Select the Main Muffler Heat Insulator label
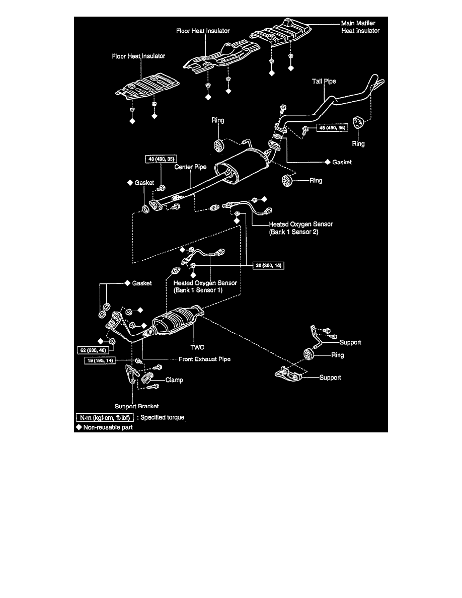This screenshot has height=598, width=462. coord(359,27)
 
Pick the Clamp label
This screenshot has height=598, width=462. coord(174,380)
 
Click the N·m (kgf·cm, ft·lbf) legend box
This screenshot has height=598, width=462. coord(105,418)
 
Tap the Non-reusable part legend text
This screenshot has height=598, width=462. coord(108,427)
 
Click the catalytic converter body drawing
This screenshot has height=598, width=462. coord(179,319)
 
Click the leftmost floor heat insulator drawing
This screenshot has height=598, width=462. coord(142,88)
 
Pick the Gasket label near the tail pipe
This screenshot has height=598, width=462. coord(342,163)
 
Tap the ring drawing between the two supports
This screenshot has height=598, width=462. coord(306,354)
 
